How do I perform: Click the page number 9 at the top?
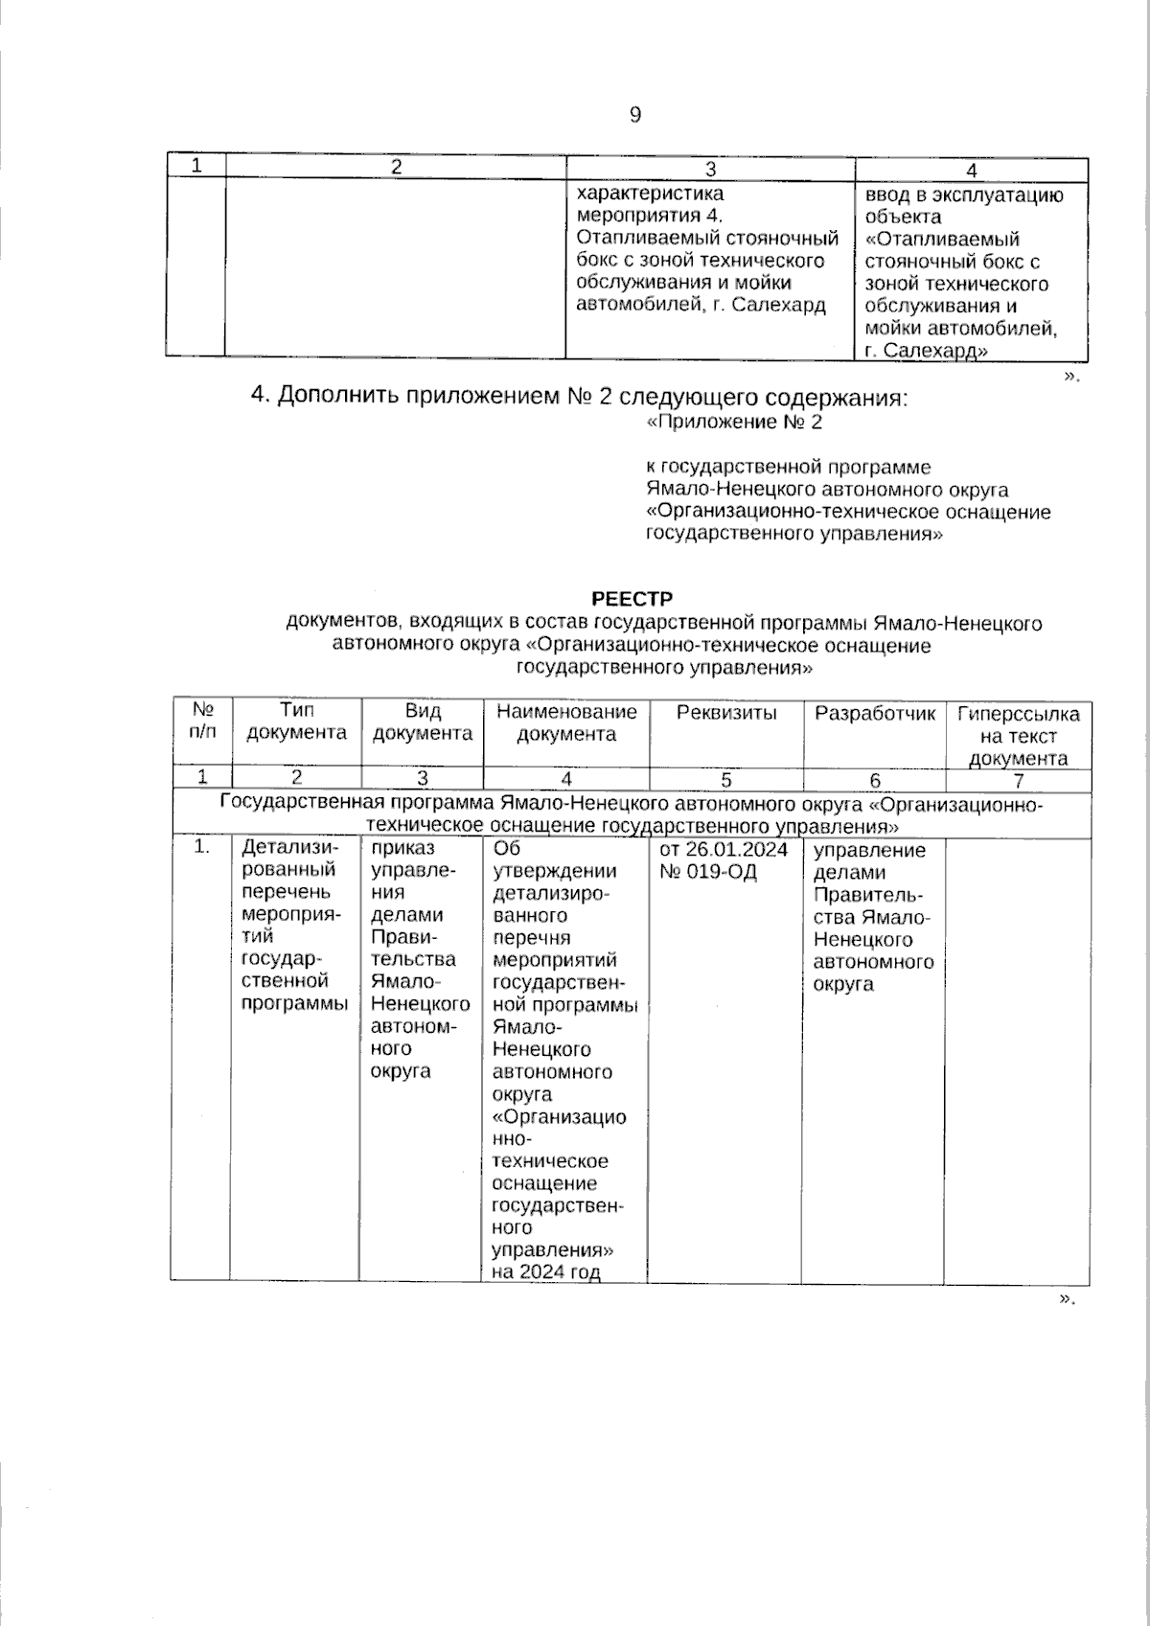pos(634,116)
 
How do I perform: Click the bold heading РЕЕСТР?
pos(632,600)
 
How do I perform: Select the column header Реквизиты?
pos(726,713)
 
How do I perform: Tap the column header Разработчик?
pos(874,713)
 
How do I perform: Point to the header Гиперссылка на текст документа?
pos(1018,736)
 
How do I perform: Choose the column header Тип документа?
pos(297,721)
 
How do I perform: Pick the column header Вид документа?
pos(422,721)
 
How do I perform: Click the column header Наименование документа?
pos(566,722)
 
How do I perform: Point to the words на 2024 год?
pos(545,1272)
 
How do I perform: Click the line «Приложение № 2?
pos(735,422)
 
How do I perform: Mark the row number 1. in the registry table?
pos(201,847)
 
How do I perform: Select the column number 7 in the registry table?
pos(1018,780)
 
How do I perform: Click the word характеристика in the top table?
pos(650,195)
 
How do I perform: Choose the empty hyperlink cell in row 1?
pos(1018,1054)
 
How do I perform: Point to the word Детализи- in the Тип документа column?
pos(290,848)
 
